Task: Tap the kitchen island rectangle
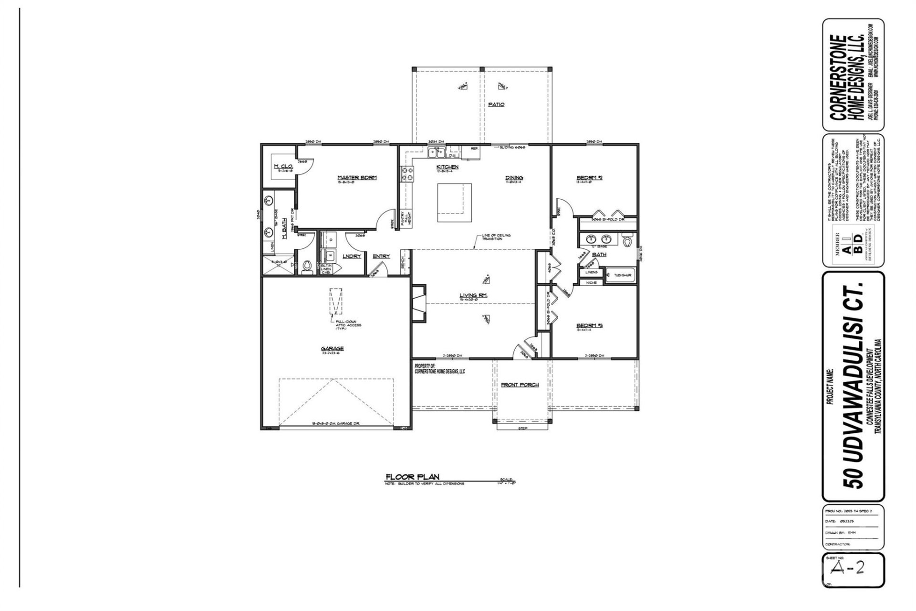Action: (455, 203)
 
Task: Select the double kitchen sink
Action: (437, 152)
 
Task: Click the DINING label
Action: (514, 178)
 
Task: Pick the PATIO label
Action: (496, 104)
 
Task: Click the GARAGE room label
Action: (332, 348)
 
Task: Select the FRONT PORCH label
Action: (520, 385)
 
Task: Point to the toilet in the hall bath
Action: (627, 241)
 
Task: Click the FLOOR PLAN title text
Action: (412, 476)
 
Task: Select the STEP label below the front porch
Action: (522, 429)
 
